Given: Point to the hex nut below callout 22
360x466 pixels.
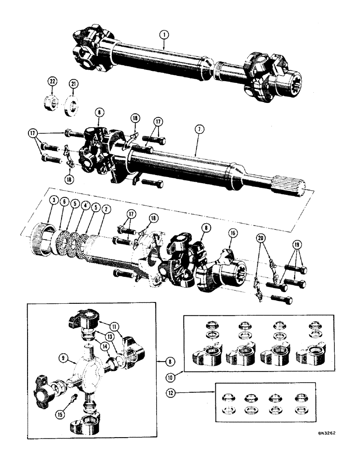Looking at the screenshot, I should click(x=52, y=102).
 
